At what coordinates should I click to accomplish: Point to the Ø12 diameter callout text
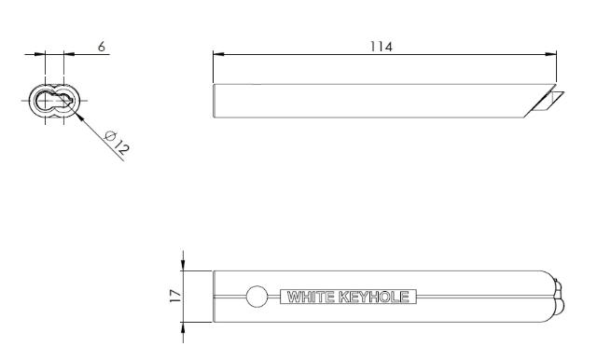(x=117, y=144)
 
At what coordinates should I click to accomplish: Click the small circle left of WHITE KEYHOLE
(x=257, y=298)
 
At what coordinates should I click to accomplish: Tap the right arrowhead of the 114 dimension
(x=553, y=54)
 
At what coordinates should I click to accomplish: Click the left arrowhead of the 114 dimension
(x=217, y=54)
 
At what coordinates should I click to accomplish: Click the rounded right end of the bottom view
(x=556, y=298)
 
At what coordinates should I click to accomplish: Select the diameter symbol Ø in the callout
(x=110, y=137)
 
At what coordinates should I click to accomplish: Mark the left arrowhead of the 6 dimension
(x=42, y=54)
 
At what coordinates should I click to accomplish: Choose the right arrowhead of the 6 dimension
(x=66, y=54)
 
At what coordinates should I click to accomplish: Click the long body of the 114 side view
(x=373, y=101)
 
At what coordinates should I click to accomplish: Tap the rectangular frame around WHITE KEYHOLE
(x=346, y=290)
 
